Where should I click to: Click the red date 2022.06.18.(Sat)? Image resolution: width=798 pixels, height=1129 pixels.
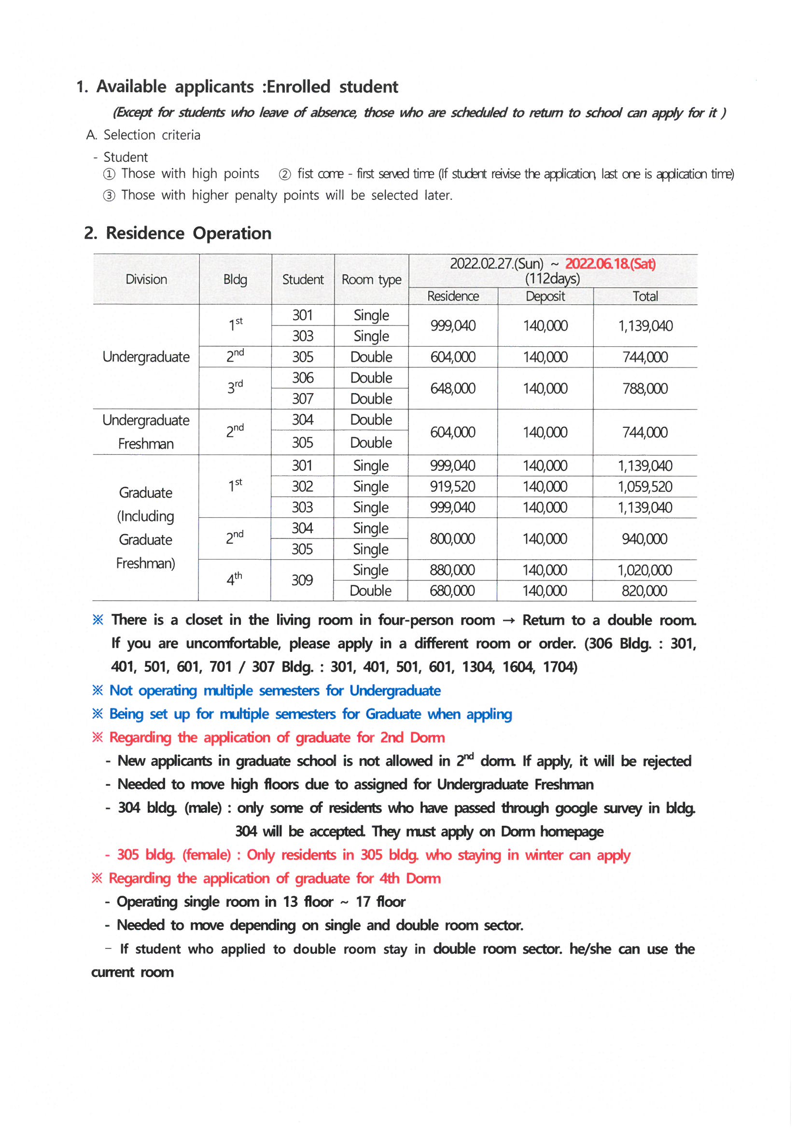(x=610, y=264)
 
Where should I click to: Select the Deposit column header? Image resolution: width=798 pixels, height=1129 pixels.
(x=545, y=296)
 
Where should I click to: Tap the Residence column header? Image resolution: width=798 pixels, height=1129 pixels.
(x=453, y=296)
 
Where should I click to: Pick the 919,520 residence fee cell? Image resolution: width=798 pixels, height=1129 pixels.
(x=452, y=486)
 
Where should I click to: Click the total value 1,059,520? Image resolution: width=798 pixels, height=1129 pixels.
(x=644, y=487)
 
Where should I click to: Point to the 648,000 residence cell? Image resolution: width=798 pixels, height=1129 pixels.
(x=453, y=388)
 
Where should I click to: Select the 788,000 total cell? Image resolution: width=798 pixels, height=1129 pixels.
(x=644, y=388)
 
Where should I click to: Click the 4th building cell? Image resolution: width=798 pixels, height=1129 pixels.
(x=234, y=579)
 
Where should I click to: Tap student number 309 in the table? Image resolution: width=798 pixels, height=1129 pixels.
(x=302, y=580)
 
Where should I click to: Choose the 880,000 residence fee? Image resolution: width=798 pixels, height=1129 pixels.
(x=452, y=570)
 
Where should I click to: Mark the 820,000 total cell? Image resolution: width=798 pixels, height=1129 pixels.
(x=644, y=591)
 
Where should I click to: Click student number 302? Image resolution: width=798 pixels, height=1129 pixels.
(x=302, y=486)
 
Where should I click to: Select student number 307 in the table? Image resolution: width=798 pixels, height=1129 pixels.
(x=302, y=399)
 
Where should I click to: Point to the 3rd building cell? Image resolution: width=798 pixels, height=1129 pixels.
(x=235, y=387)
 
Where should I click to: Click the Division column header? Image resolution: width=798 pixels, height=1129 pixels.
(x=146, y=280)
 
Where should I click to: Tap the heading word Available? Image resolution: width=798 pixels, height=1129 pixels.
(x=131, y=86)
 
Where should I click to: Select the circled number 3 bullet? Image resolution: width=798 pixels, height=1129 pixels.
(x=109, y=196)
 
